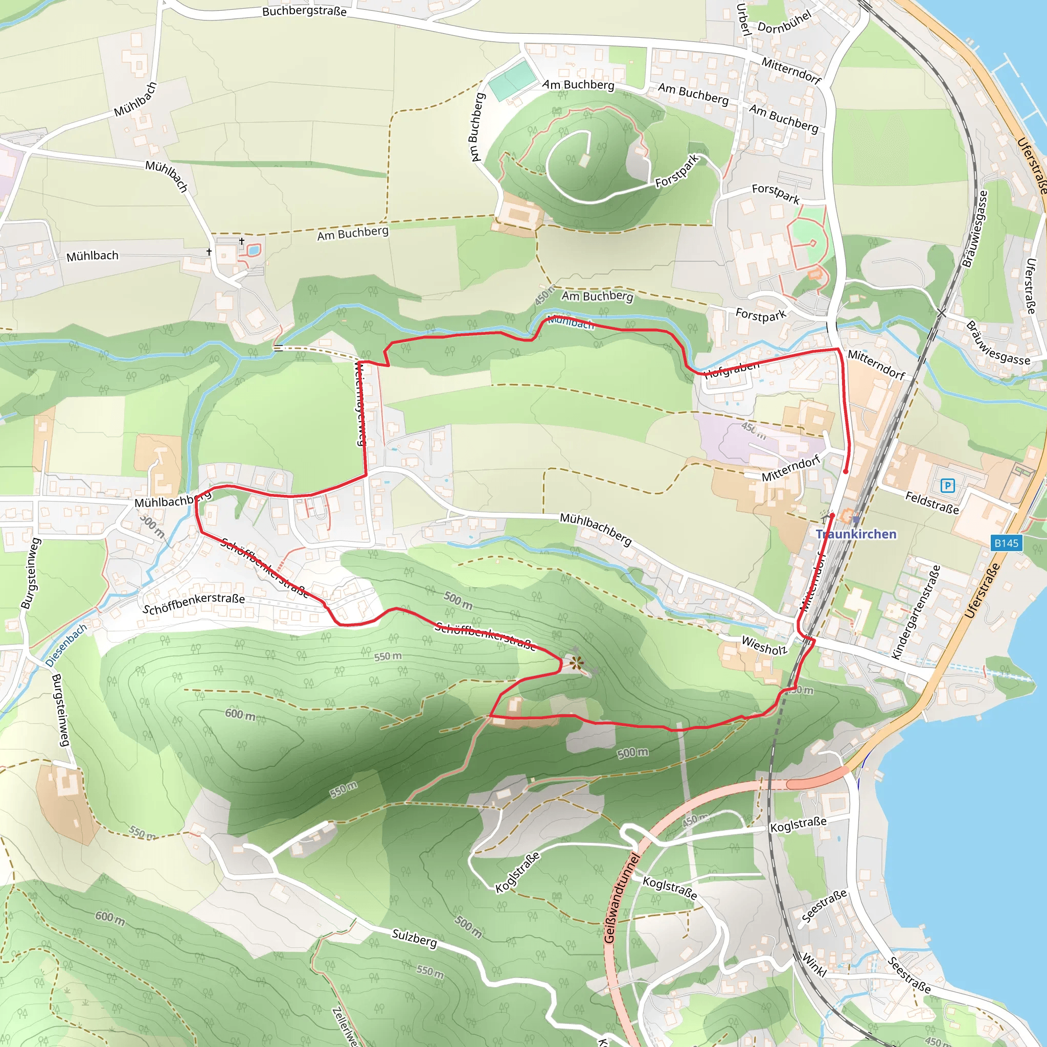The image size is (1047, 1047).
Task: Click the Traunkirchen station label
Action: coord(856,534)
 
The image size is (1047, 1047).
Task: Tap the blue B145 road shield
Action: coord(1006,543)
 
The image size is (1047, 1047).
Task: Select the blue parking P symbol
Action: coord(947,485)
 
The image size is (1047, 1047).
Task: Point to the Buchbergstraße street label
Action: coord(304,11)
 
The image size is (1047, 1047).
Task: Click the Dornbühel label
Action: coord(784,21)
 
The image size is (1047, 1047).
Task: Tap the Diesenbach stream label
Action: coord(66,645)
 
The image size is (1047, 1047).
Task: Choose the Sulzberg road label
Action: coord(414,938)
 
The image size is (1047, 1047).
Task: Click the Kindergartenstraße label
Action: coord(915,612)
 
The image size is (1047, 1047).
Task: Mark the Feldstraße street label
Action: coord(932,503)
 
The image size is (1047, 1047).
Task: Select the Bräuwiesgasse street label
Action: coord(975,228)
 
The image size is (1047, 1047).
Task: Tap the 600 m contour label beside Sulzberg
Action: coord(110,918)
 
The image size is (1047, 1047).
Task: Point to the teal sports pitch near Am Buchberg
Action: coord(510,80)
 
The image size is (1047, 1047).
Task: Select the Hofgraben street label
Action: coord(732,369)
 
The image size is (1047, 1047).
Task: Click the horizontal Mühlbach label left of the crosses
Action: coord(92,256)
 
